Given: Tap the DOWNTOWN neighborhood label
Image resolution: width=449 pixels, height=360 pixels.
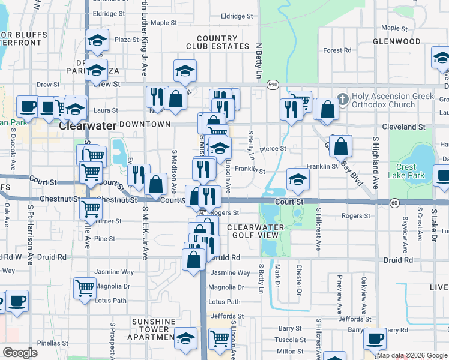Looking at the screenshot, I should coord(145,124).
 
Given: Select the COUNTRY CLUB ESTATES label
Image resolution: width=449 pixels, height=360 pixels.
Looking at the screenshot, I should coord(217,42).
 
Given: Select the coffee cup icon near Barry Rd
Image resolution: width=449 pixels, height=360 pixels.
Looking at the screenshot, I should coord(376,338).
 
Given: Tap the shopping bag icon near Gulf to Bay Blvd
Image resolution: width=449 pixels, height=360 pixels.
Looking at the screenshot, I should coord(340,146).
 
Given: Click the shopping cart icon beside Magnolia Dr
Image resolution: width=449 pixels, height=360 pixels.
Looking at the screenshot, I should coord(85,287).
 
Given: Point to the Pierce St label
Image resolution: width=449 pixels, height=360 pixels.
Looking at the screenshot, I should coord(273,148).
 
